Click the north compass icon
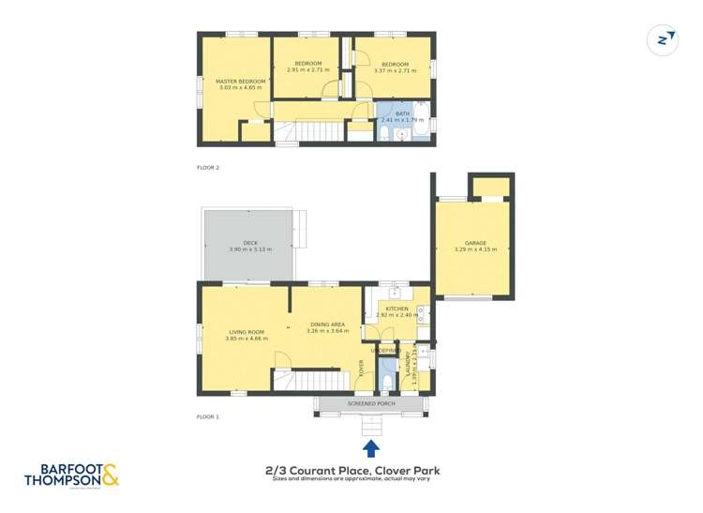coord(664,39)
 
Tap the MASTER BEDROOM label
coord(241,82)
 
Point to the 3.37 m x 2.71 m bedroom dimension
coord(394,70)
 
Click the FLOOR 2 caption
coord(207,167)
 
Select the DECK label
coord(249,243)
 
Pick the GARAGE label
coord(474,243)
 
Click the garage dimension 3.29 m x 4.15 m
coord(474,249)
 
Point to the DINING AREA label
coord(327,324)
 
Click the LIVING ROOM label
coord(247,331)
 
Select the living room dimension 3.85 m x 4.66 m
coord(247,338)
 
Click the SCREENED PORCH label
coord(371,403)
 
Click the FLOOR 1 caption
coord(207,416)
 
